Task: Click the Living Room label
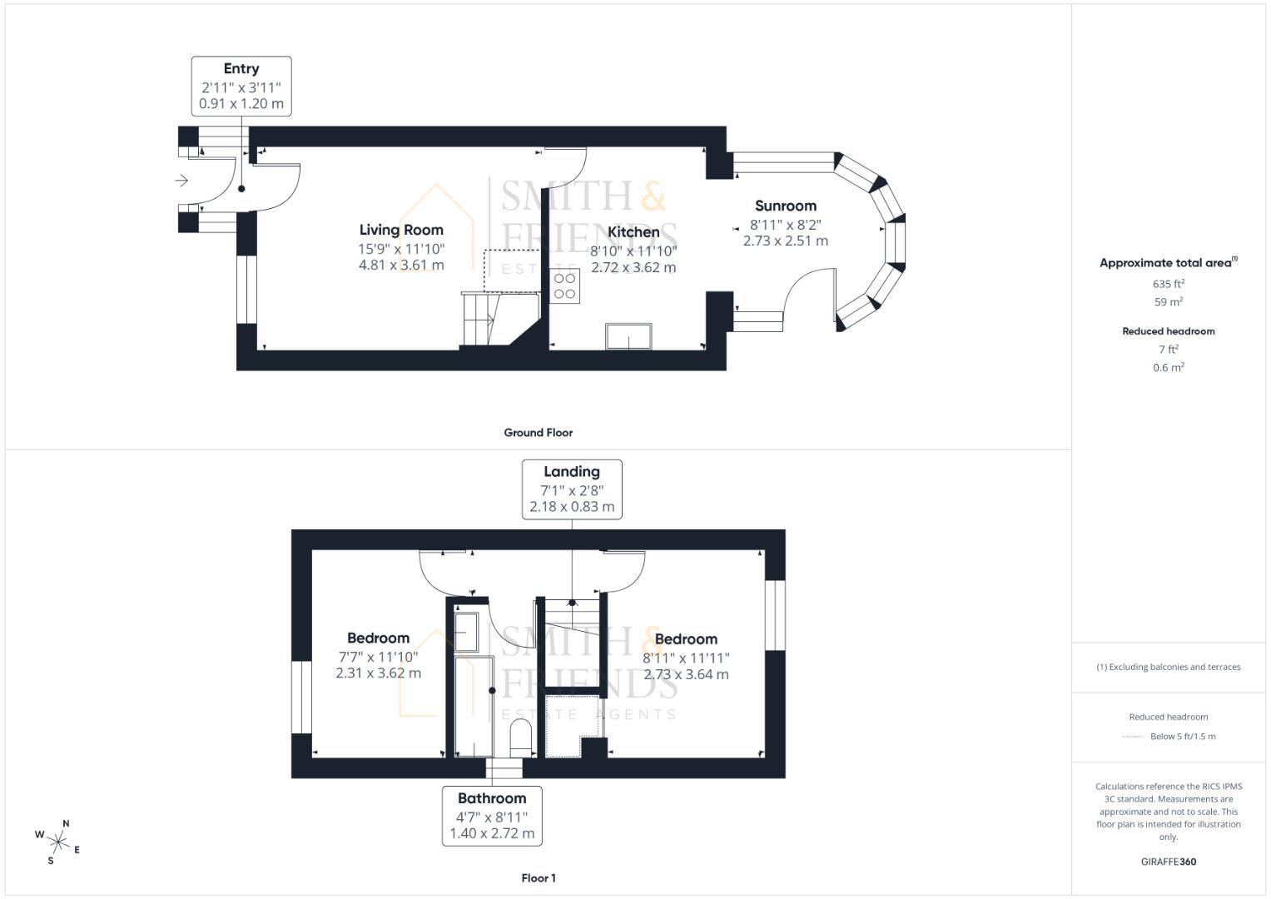click(401, 230)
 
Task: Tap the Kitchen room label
click(633, 232)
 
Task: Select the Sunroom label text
click(786, 206)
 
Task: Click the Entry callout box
click(241, 86)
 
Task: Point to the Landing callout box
click(572, 489)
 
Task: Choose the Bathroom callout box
click(492, 816)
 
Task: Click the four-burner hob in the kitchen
click(565, 286)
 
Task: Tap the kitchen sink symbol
click(629, 336)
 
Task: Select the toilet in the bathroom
click(521, 737)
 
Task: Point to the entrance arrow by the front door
click(181, 181)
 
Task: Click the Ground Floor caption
click(539, 433)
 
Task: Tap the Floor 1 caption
click(539, 878)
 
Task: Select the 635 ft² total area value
click(1169, 284)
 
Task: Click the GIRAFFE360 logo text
click(1169, 862)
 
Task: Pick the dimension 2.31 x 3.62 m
click(379, 673)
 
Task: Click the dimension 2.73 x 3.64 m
click(686, 674)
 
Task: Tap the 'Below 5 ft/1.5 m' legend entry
click(1182, 737)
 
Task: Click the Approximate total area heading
click(1167, 263)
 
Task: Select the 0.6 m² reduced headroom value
click(1169, 367)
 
